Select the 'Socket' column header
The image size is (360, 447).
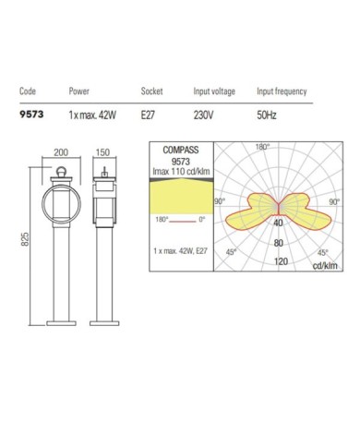click(151, 92)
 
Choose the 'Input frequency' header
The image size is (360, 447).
click(282, 92)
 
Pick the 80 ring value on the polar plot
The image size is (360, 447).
click(278, 243)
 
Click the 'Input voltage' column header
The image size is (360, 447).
click(213, 92)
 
